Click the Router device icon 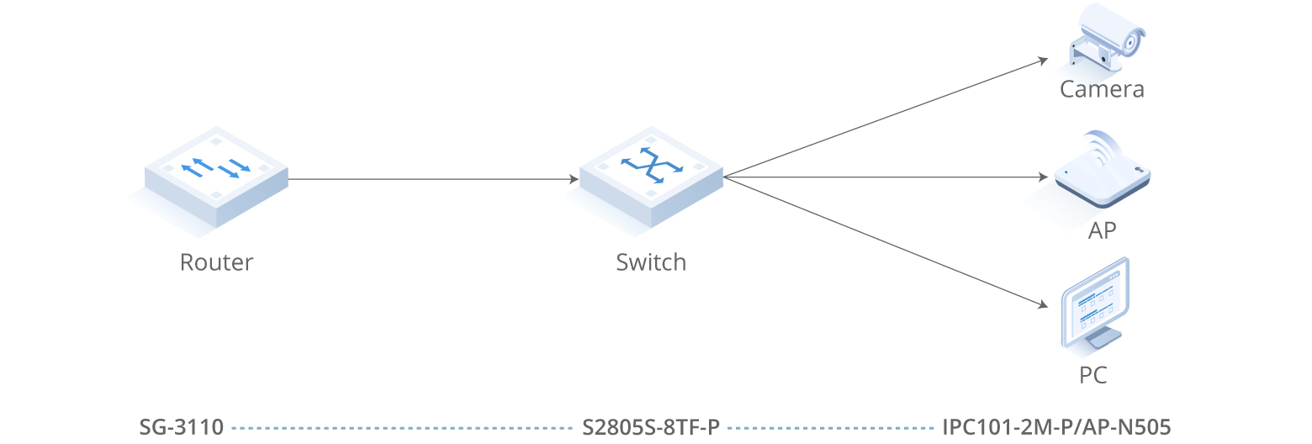point(216,176)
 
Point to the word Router point(216,262)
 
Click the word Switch point(651,262)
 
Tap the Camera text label point(1102,89)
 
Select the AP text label point(1102,230)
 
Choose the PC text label point(1093,374)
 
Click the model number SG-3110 point(182,427)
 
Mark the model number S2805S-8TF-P point(652,427)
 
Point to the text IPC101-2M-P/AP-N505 point(1056,427)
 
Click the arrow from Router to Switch point(433,179)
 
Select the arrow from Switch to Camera point(883,119)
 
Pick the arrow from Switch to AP point(883,177)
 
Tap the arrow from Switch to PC point(883,241)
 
